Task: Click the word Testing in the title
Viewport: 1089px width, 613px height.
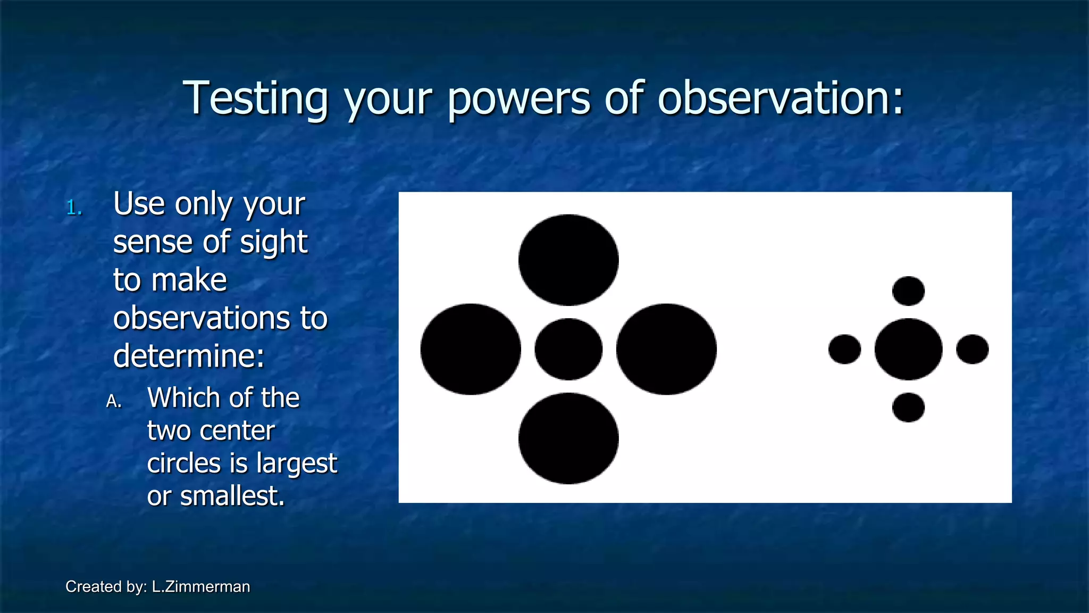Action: pyautogui.click(x=255, y=98)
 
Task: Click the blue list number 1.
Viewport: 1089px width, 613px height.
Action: pyautogui.click(x=74, y=208)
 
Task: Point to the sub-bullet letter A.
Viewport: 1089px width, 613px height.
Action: pyautogui.click(x=113, y=401)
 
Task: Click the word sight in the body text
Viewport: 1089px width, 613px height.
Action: pyautogui.click(x=273, y=243)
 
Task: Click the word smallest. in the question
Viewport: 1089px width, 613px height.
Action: pyautogui.click(x=232, y=496)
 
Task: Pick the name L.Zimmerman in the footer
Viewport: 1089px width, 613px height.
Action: pyautogui.click(x=200, y=586)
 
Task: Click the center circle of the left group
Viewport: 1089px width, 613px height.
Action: pyautogui.click(x=568, y=349)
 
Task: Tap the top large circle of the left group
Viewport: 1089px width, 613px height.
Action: pyautogui.click(x=568, y=260)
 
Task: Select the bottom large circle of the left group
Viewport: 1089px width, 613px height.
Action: pyautogui.click(x=568, y=438)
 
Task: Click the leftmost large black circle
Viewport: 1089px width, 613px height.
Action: pyautogui.click(x=471, y=349)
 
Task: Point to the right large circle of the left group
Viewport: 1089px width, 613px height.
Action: pyautogui.click(x=666, y=349)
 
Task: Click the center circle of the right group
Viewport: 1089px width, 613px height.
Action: pyautogui.click(x=908, y=349)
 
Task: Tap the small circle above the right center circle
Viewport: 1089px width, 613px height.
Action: pyautogui.click(x=908, y=291)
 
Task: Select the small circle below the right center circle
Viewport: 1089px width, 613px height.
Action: pyautogui.click(x=908, y=408)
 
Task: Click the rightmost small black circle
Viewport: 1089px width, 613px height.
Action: pyautogui.click(x=972, y=349)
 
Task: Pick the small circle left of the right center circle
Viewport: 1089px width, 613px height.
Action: pyautogui.click(x=844, y=349)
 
